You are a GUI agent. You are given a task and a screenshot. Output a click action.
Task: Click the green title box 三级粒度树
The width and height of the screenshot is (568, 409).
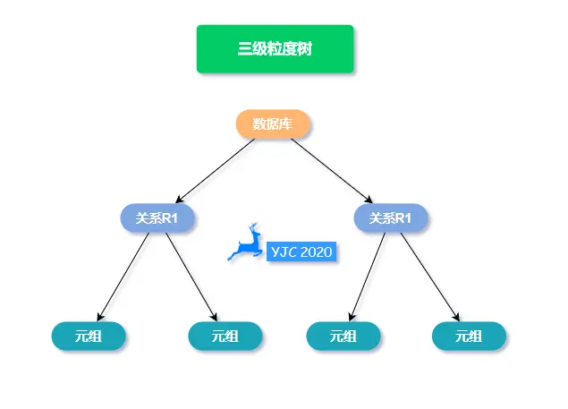coord(275,49)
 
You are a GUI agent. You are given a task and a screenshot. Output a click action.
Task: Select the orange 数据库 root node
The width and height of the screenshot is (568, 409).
coord(273,124)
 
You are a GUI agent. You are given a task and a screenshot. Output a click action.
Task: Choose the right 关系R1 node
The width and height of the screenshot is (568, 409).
coord(391,217)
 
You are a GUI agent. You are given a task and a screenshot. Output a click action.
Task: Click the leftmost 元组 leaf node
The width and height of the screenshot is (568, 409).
coord(88,337)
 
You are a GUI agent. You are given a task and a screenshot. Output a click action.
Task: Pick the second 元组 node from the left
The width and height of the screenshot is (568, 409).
coord(225,337)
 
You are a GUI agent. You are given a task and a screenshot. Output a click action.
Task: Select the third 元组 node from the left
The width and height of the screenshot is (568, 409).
coord(343,337)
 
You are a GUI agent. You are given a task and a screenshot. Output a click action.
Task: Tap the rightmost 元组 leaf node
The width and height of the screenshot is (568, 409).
coord(469,337)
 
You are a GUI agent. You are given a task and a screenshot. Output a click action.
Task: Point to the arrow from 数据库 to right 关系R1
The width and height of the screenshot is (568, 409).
coord(332,171)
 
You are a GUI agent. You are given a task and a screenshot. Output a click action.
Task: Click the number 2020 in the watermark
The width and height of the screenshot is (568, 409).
coord(316,252)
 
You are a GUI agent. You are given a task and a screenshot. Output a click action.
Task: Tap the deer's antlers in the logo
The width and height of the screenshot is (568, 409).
coord(253,229)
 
